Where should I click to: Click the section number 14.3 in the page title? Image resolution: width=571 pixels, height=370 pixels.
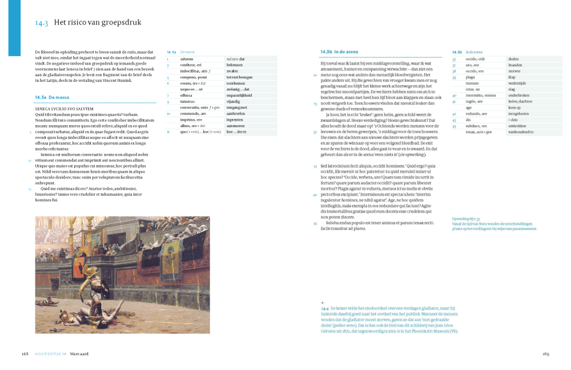click(x=42, y=23)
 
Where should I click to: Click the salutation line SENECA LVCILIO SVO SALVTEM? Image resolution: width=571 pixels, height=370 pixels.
click(x=64, y=108)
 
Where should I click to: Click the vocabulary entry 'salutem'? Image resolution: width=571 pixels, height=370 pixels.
click(x=187, y=59)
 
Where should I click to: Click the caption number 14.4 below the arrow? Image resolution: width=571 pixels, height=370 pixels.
click(x=325, y=308)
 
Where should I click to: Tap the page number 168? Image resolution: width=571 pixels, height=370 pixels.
click(x=25, y=354)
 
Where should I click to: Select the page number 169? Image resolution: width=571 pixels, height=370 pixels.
click(x=545, y=354)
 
